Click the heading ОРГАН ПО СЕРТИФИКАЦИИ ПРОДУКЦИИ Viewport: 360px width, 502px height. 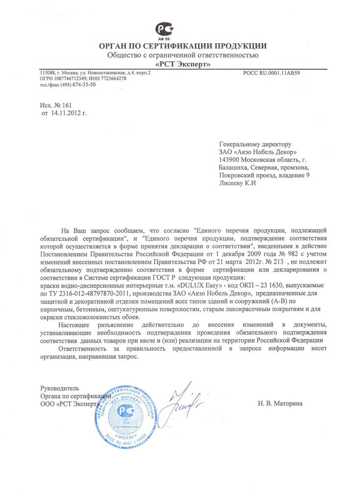coord(183,46)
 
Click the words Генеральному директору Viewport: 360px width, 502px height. coord(254,144)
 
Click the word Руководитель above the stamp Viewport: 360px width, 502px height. coord(60,388)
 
